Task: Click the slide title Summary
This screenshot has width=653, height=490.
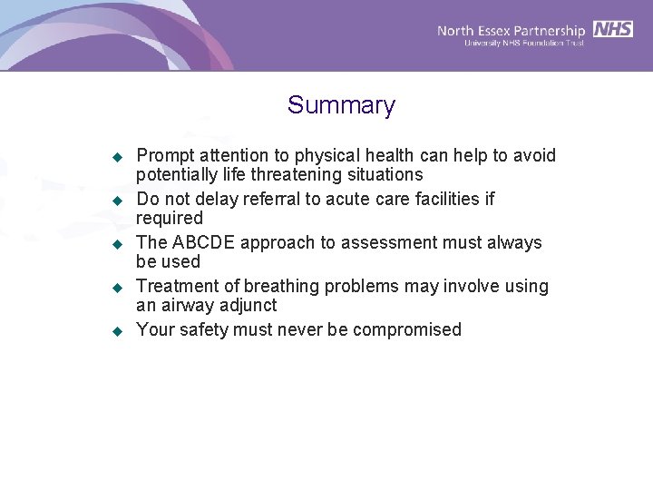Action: [341, 105]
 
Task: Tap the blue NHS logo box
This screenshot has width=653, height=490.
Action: [613, 29]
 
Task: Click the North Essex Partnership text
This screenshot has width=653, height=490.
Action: [511, 30]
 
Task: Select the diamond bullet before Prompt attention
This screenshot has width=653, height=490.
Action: [116, 157]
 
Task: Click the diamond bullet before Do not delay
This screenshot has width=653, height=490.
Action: [116, 200]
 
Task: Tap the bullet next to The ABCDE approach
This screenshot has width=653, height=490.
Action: [116, 243]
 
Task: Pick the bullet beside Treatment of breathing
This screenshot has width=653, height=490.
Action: [116, 287]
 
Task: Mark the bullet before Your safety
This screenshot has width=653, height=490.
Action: [116, 330]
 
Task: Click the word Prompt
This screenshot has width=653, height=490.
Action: [163, 156]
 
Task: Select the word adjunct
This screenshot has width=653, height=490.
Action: [248, 305]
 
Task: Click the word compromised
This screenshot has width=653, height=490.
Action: [406, 329]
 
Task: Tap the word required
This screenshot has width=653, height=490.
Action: [170, 218]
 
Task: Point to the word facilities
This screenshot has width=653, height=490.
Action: [442, 199]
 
